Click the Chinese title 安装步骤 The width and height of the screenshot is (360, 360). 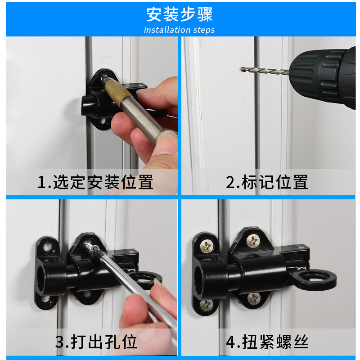pyautogui.click(x=180, y=14)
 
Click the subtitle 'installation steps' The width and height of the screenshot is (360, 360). pyautogui.click(x=179, y=30)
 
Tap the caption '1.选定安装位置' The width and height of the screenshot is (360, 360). pyautogui.click(x=95, y=182)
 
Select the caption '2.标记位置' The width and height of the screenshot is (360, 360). pyautogui.click(x=267, y=182)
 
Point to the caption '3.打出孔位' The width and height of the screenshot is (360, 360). pyautogui.click(x=96, y=342)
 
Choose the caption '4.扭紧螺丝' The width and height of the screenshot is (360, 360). pyautogui.click(x=267, y=342)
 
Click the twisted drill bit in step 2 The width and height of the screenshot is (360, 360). pyautogui.click(x=265, y=71)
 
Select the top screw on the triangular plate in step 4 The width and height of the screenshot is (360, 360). pyautogui.click(x=253, y=241)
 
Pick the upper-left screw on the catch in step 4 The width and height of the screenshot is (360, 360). pyautogui.click(x=207, y=246)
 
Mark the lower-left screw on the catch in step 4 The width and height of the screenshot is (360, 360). pyautogui.click(x=206, y=305)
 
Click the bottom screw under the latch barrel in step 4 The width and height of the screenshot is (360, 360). pyautogui.click(x=254, y=298)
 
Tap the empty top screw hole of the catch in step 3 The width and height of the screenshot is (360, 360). pyautogui.click(x=48, y=247)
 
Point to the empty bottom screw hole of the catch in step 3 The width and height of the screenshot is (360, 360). pyautogui.click(x=46, y=299)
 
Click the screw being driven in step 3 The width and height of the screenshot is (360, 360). pyautogui.click(x=92, y=247)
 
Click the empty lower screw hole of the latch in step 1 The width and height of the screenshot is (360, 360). pyautogui.click(x=103, y=121)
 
